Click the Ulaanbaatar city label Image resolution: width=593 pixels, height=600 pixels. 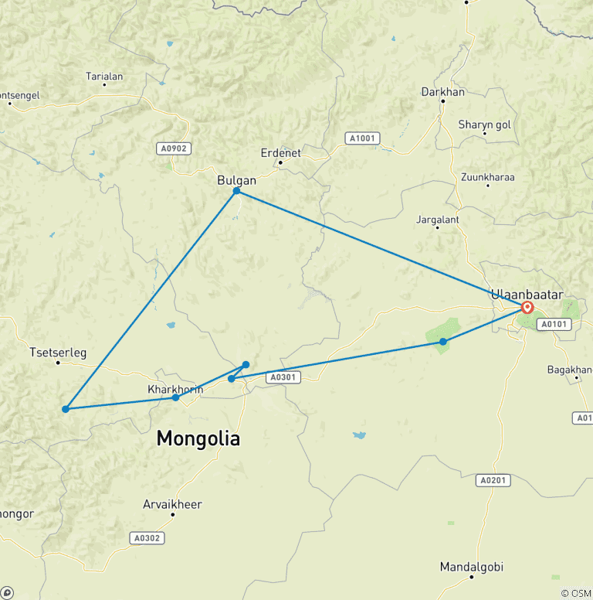pyautogui.click(x=527, y=294)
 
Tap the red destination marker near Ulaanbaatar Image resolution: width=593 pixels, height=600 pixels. pyautogui.click(x=527, y=307)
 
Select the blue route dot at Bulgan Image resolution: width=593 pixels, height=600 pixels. pyautogui.click(x=237, y=191)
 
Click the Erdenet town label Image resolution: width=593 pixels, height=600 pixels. pyautogui.click(x=280, y=153)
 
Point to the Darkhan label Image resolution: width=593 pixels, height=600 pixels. pyautogui.click(x=443, y=92)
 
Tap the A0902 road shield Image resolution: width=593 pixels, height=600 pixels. pyautogui.click(x=173, y=148)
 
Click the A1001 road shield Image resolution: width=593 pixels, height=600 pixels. pyautogui.click(x=361, y=138)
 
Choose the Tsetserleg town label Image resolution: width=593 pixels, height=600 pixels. pyautogui.click(x=58, y=353)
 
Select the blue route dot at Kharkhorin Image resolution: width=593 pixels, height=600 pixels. pyautogui.click(x=176, y=397)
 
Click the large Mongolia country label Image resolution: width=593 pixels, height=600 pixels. pyautogui.click(x=198, y=439)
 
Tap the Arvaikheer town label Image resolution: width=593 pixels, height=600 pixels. pyautogui.click(x=172, y=505)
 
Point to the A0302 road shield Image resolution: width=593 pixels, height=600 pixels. pyautogui.click(x=145, y=537)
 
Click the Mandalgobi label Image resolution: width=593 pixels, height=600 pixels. pyautogui.click(x=471, y=567)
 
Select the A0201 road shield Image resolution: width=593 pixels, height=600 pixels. pyautogui.click(x=493, y=480)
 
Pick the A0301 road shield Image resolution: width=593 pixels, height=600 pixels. pyautogui.click(x=282, y=377)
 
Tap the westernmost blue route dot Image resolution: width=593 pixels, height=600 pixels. pyautogui.click(x=66, y=409)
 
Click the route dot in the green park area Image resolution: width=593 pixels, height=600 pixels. pyautogui.click(x=442, y=342)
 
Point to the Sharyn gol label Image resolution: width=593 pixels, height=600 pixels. pyautogui.click(x=485, y=124)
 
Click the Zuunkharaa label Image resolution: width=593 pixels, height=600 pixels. pyautogui.click(x=487, y=177)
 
